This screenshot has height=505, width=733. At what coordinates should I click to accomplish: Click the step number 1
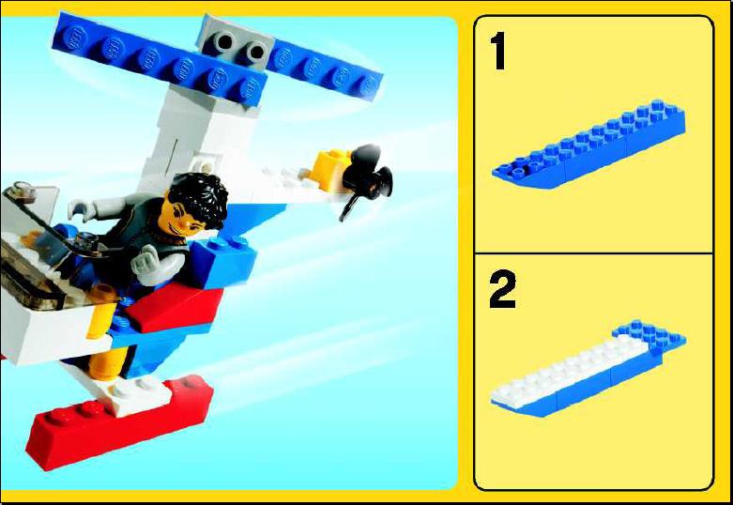[x=498, y=51]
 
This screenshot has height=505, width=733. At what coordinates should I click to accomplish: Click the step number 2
[x=502, y=289]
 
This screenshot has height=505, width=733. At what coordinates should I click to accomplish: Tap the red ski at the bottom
[x=119, y=423]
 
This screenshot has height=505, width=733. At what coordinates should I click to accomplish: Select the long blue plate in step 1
[x=590, y=145]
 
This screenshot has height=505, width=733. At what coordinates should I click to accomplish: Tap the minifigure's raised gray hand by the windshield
[x=82, y=209]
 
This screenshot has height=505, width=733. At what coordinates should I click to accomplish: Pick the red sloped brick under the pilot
[x=174, y=308]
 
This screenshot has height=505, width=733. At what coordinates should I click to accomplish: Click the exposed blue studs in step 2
[x=649, y=335]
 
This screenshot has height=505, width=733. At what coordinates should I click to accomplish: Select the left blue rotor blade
[x=159, y=58]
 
